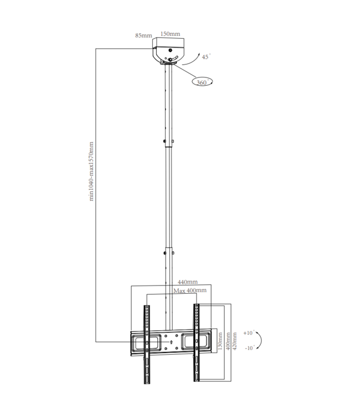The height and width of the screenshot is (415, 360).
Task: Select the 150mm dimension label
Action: point(170,34)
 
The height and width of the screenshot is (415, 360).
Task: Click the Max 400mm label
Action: point(190,290)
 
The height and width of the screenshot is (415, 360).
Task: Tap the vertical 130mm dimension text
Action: point(220,341)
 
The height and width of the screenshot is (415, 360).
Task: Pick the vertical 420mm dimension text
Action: point(236,341)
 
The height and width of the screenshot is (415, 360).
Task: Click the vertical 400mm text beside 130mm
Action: point(228,341)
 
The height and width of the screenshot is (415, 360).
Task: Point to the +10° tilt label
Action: point(248,333)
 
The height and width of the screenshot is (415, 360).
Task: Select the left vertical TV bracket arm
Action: point(146,343)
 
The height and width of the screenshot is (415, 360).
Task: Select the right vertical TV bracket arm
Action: point(196,343)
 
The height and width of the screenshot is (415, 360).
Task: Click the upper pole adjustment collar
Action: point(168,143)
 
